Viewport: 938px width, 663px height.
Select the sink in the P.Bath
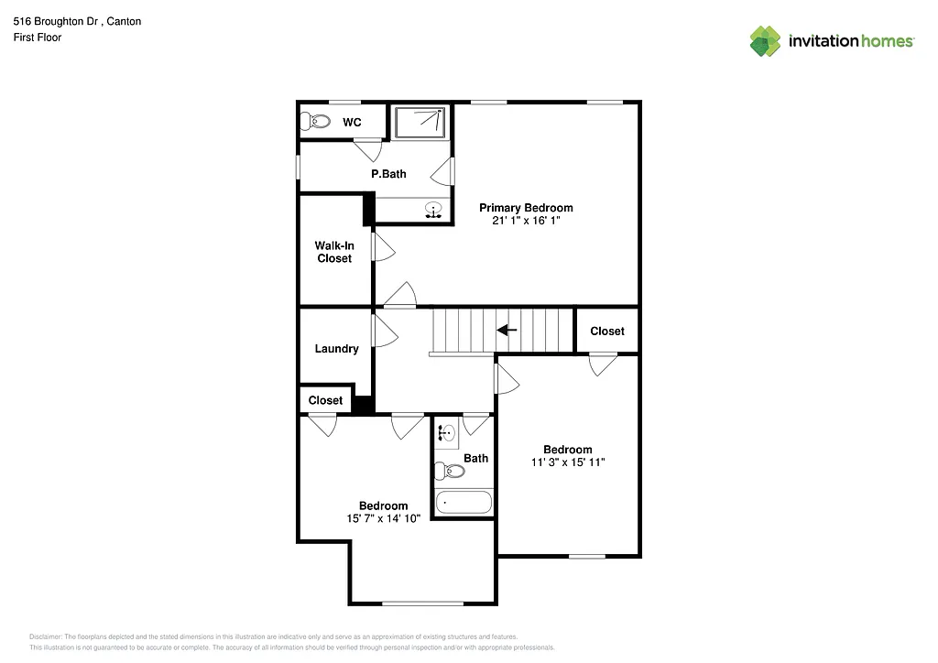(433, 212)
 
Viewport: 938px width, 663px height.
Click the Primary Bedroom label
(526, 208)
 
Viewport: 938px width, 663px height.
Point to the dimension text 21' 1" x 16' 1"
(526, 221)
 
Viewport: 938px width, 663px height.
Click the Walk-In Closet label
(334, 252)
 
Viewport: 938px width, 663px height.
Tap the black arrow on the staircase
(507, 330)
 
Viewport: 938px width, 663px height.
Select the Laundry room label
(336, 349)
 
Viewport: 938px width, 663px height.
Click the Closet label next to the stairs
(606, 331)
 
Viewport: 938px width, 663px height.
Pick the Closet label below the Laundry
(325, 400)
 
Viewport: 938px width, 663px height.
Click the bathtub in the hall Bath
(464, 502)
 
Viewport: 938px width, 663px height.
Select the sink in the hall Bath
(446, 433)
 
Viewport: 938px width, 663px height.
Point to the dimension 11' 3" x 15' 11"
(567, 462)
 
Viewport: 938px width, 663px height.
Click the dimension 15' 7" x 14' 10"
(383, 519)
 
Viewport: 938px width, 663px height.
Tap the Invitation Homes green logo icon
(765, 40)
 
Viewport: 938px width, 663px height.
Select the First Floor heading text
(38, 38)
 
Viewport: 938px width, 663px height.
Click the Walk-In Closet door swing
(383, 247)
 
